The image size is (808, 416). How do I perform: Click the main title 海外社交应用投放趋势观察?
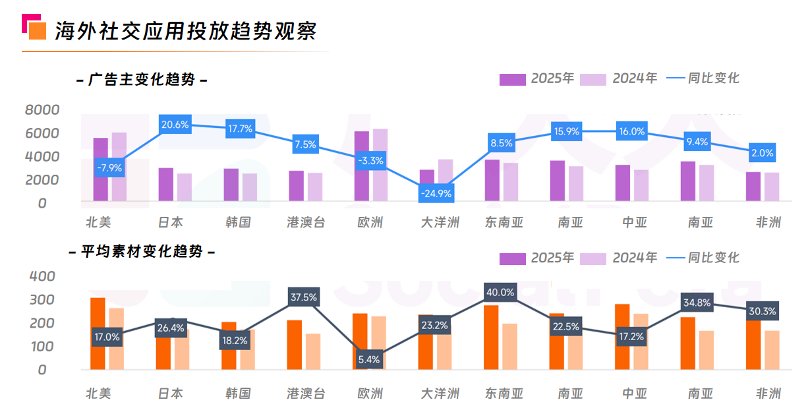tap(185, 31)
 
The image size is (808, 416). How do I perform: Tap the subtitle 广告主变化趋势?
tap(142, 80)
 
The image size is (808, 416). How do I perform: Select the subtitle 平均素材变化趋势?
tap(142, 252)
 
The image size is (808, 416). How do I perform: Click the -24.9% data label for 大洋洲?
tap(436, 193)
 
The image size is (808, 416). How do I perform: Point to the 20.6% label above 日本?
tap(175, 124)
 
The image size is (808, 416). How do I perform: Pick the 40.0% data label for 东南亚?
tap(500, 292)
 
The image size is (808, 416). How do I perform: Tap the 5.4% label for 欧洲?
tap(370, 359)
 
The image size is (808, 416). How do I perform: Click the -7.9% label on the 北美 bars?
tap(109, 168)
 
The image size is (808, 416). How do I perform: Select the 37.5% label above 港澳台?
tap(304, 297)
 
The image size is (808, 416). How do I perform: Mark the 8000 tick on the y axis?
tap(42, 109)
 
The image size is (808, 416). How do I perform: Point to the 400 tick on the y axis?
tap(42, 276)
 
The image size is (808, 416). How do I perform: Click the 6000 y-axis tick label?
tap(42, 133)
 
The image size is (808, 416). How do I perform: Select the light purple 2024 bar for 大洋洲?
tap(446, 180)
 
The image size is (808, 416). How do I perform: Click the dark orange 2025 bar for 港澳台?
tap(295, 345)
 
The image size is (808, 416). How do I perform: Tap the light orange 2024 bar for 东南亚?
tap(509, 346)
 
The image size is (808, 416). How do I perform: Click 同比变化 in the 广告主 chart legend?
tap(713, 78)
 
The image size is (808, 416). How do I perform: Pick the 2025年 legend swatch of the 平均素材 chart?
tap(512, 258)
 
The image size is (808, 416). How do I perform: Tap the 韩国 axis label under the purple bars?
tap(237, 222)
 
